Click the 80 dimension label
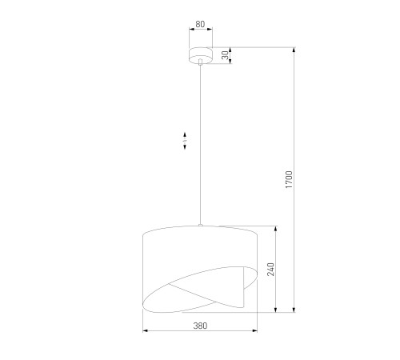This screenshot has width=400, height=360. (200, 24)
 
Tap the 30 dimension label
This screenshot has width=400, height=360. (226, 55)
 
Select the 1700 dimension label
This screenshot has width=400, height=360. (289, 180)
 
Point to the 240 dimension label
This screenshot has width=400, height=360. (271, 270)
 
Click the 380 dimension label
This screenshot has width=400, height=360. (200, 326)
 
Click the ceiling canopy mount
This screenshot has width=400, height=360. (201, 55)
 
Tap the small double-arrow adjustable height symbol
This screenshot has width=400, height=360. (185, 141)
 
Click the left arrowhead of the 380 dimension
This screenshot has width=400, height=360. (146, 331)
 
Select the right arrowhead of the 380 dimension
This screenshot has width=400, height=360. (254, 331)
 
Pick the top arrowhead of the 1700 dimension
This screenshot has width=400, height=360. (294, 50)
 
